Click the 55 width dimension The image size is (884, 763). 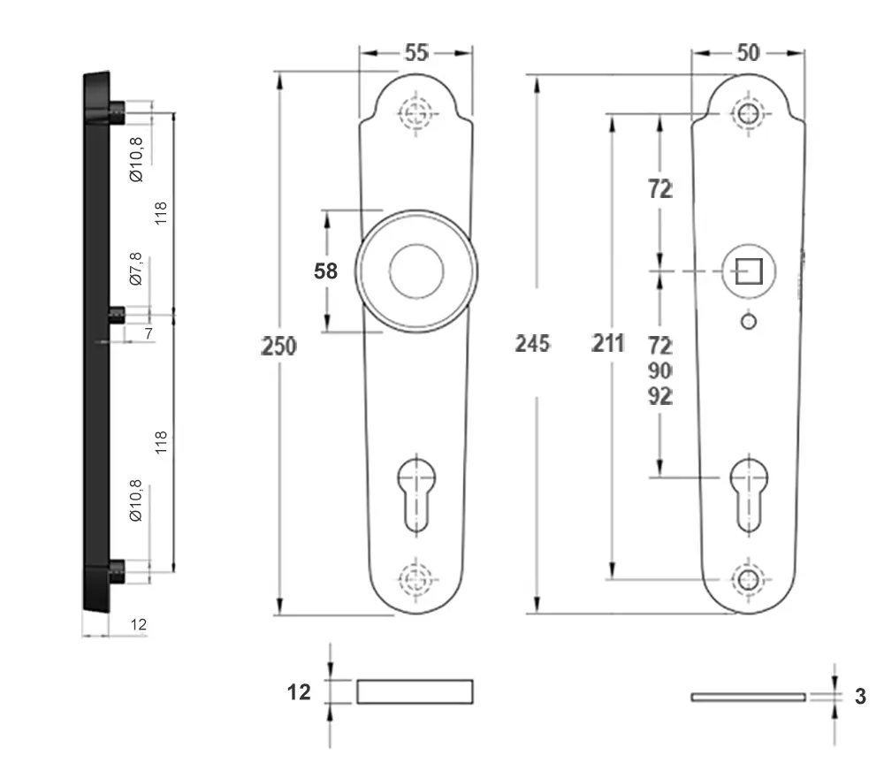click(x=416, y=52)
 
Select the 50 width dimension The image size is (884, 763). click(x=748, y=52)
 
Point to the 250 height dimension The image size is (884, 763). click(x=278, y=346)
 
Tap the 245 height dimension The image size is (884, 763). click(x=532, y=343)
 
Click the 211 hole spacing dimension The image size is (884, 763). click(x=608, y=343)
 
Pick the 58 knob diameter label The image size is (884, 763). click(x=325, y=271)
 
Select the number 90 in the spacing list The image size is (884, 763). click(x=659, y=370)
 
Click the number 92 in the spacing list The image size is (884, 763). click(x=659, y=396)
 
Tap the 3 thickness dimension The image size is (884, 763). click(x=860, y=696)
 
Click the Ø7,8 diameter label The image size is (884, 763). click(x=136, y=269)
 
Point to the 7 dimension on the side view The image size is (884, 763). click(x=149, y=333)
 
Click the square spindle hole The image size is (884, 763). click(x=749, y=271)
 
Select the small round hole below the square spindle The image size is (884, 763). click(x=748, y=322)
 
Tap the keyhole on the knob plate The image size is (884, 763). click(x=416, y=495)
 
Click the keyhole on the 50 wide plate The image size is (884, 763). click(x=749, y=495)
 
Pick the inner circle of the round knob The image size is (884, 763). click(x=416, y=271)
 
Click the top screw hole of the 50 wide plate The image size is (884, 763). click(x=748, y=113)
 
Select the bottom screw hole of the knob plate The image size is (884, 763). click(x=416, y=579)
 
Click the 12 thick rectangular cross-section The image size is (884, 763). click(x=415, y=691)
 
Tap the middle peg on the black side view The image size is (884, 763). click(x=117, y=314)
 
